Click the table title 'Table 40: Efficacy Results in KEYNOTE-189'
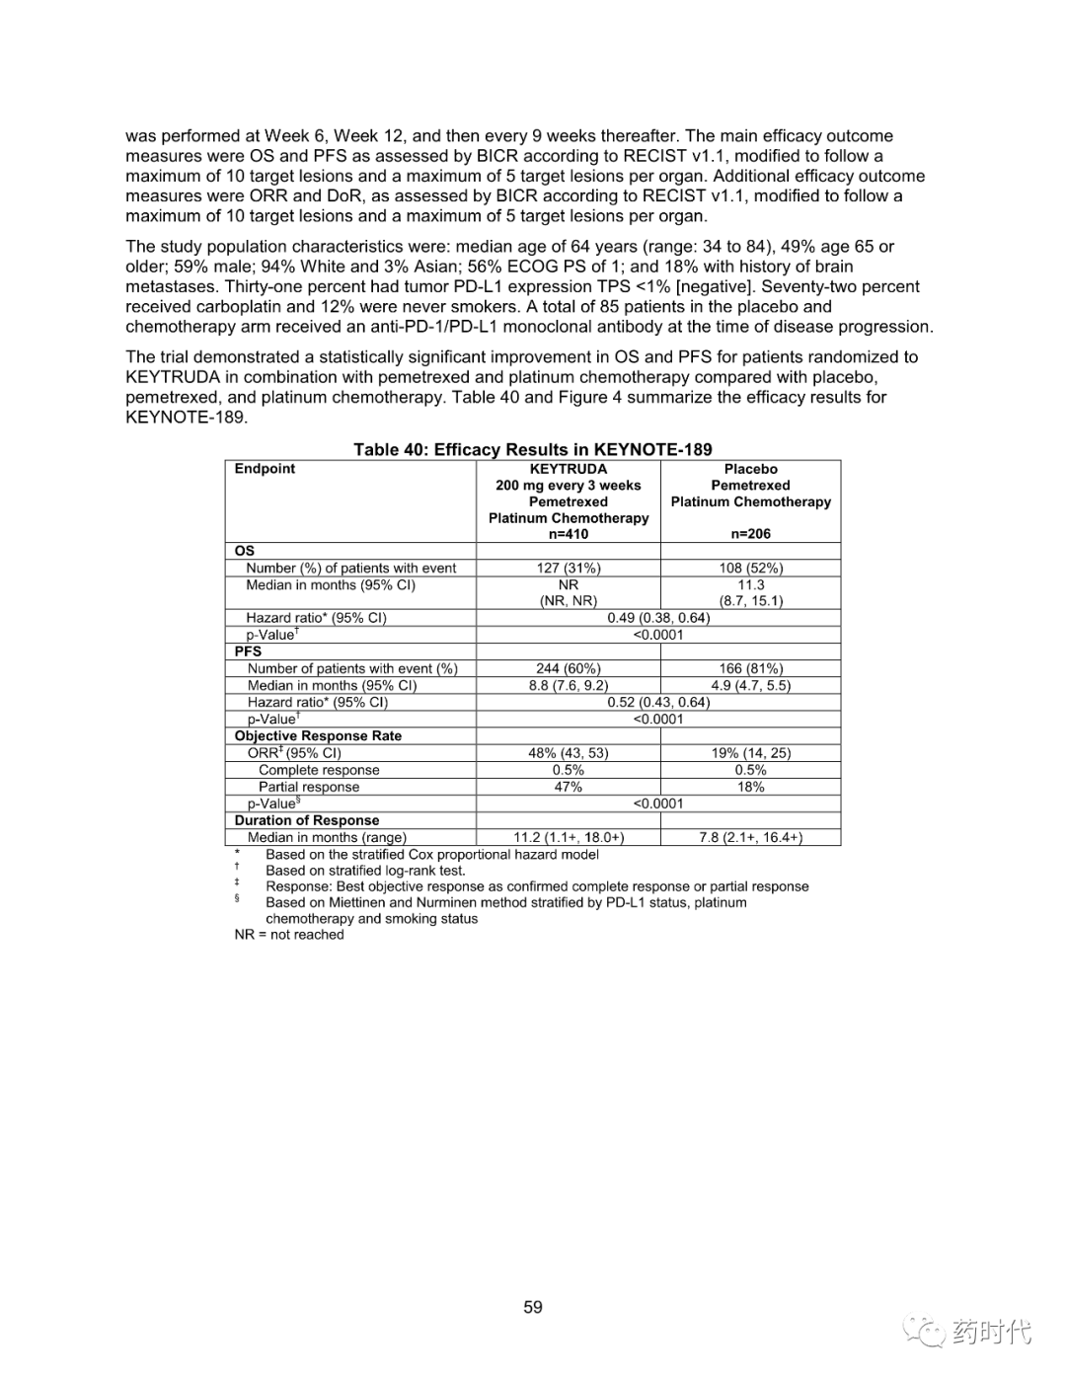pyautogui.click(x=533, y=450)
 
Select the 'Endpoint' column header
pyautogui.click(x=265, y=469)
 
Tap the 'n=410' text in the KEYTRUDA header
pyautogui.click(x=569, y=534)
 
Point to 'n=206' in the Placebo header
pyautogui.click(x=751, y=534)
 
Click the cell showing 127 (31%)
pyautogui.click(x=569, y=569)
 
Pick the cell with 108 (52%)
pyautogui.click(x=751, y=569)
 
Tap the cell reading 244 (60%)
pyautogui.click(x=569, y=669)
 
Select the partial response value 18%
pyautogui.click(x=751, y=788)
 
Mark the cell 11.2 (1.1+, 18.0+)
pyautogui.click(x=569, y=838)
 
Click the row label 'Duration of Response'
pyautogui.click(x=307, y=821)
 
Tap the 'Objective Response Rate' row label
pyautogui.click(x=318, y=736)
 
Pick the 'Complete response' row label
pyautogui.click(x=319, y=771)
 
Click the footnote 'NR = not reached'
pyautogui.click(x=289, y=935)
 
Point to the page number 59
pyautogui.click(x=533, y=1307)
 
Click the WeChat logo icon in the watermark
pyautogui.click(x=927, y=1332)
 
